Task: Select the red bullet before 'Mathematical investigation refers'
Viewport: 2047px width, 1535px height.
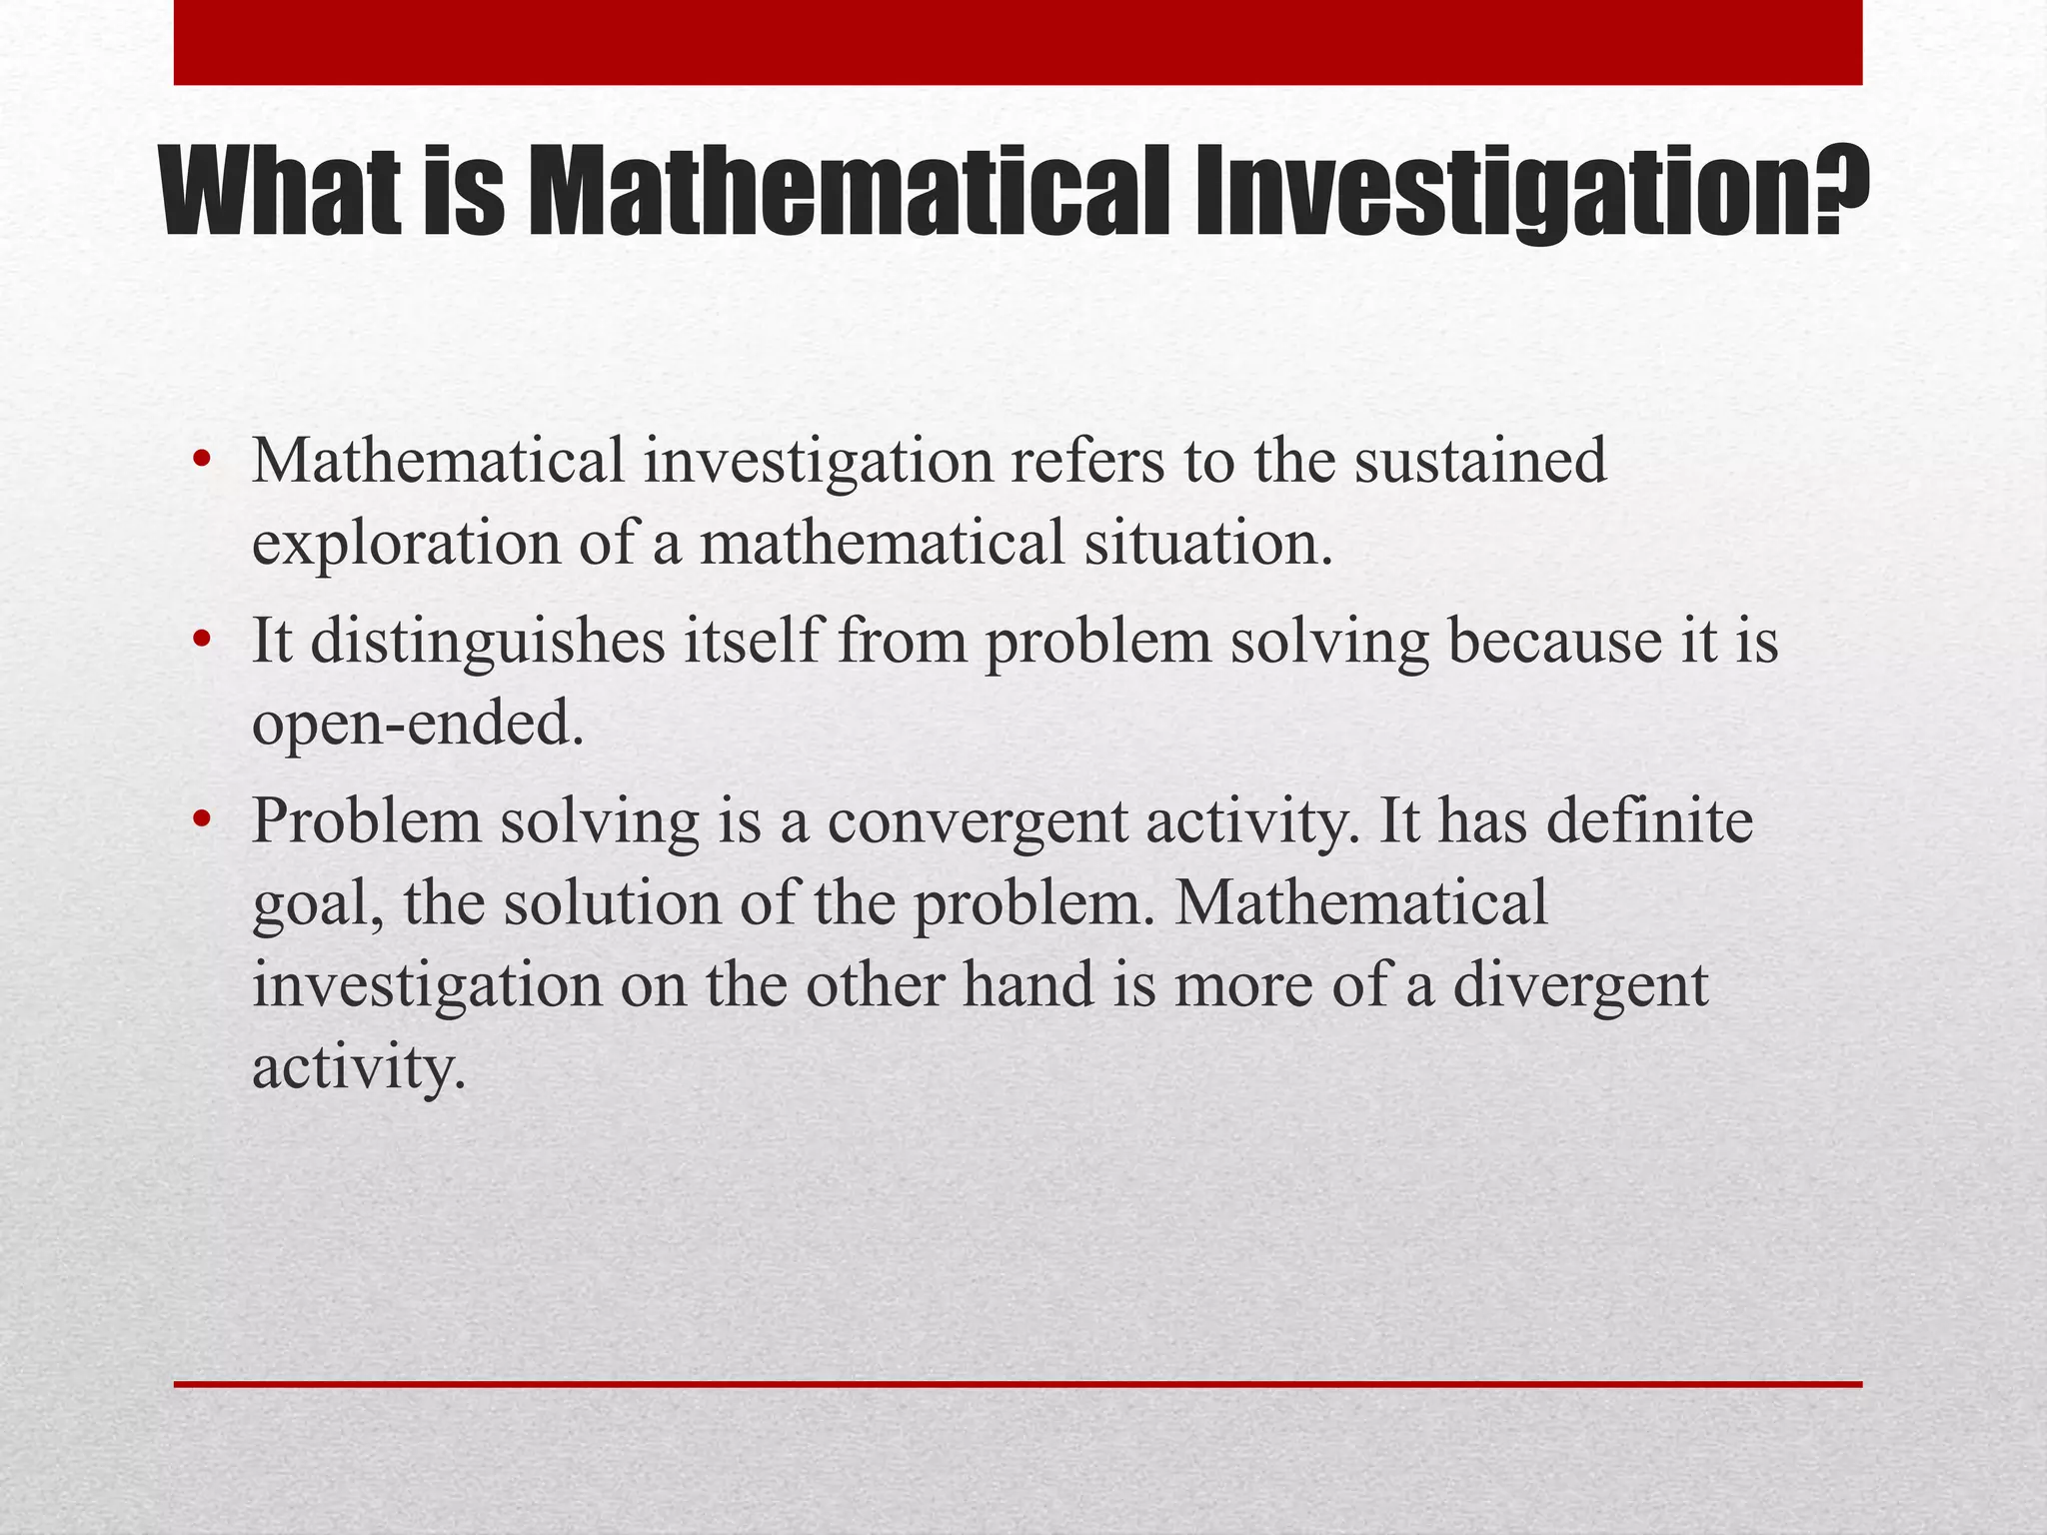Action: click(202, 461)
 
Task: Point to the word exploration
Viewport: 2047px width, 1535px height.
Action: click(406, 545)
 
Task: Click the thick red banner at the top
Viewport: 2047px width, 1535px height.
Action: click(1018, 42)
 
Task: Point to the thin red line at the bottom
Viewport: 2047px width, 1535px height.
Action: click(1018, 1384)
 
